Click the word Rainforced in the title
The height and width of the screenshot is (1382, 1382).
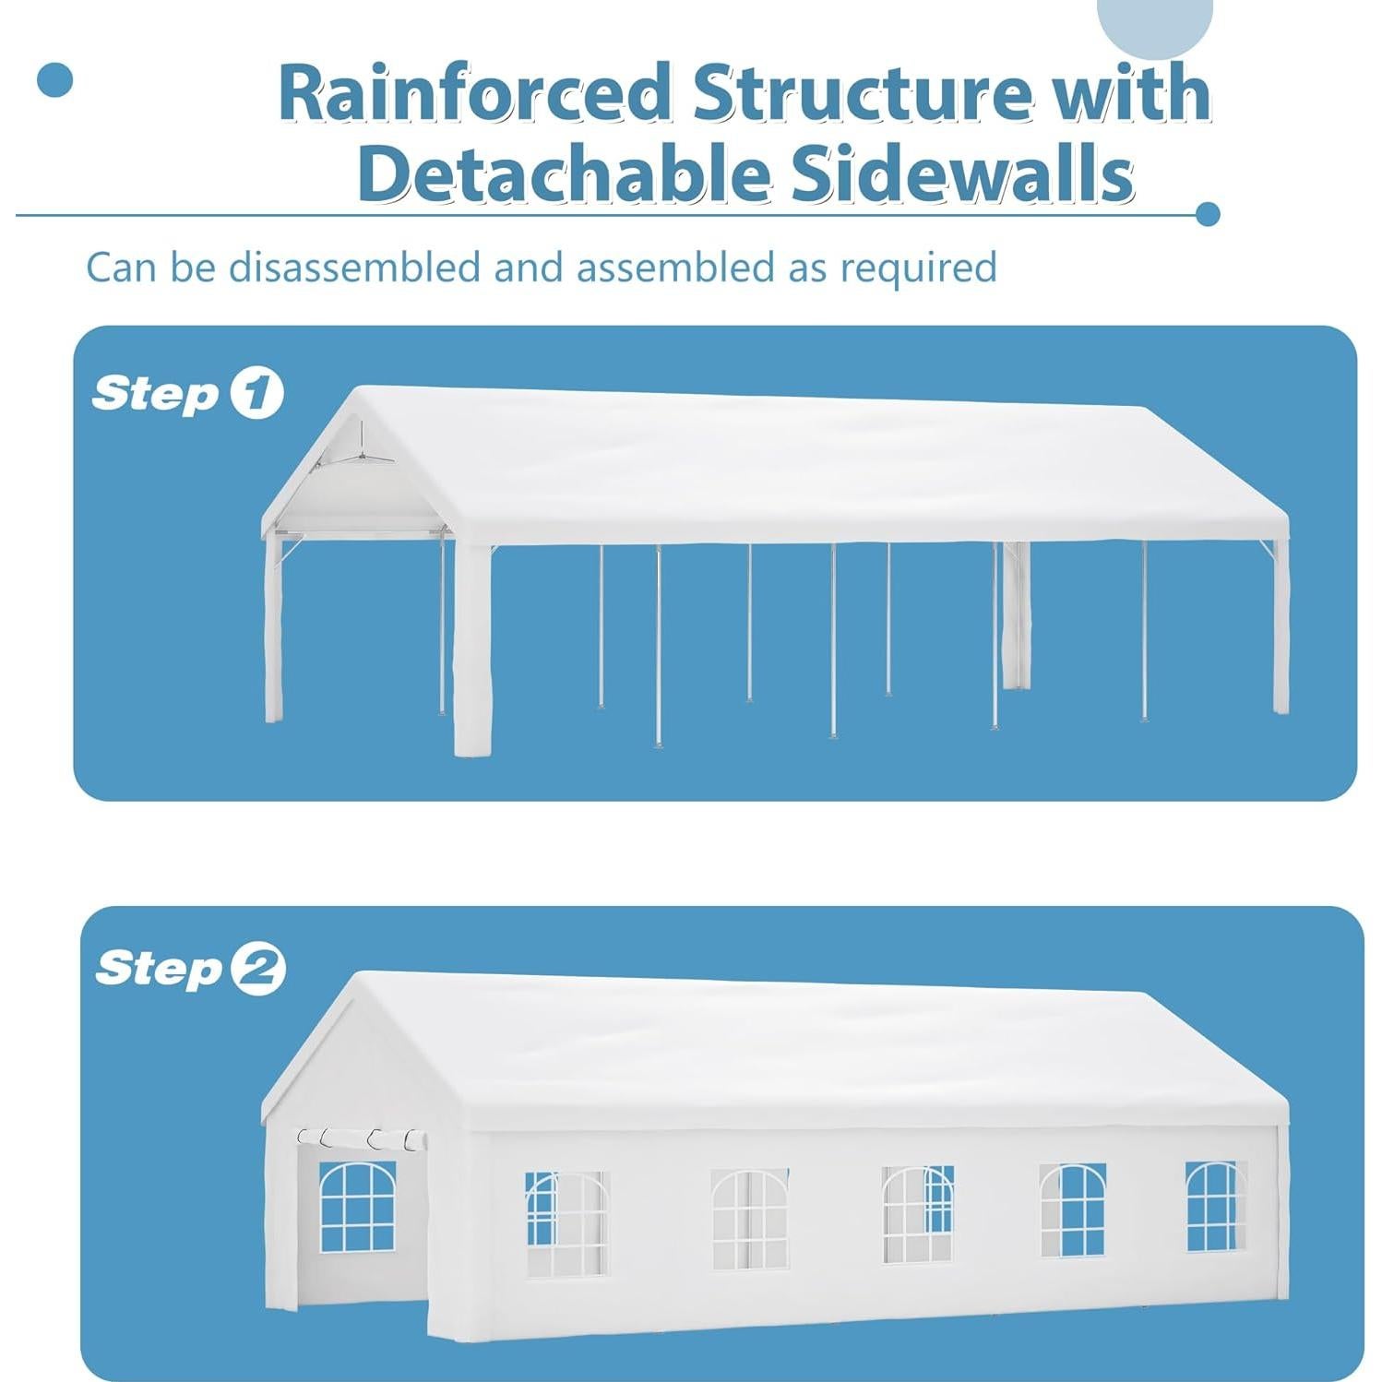[475, 92]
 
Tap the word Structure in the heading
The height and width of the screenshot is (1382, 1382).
[861, 92]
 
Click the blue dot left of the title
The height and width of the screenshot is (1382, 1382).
[55, 80]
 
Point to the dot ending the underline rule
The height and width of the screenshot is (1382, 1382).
[1207, 215]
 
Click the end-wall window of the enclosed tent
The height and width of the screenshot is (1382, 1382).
[357, 1207]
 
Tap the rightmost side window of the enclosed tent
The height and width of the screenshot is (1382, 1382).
[1216, 1207]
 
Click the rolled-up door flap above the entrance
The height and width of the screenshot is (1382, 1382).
[363, 1139]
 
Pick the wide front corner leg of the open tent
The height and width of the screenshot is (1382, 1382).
[472, 646]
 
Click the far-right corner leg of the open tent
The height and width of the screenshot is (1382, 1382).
[1281, 627]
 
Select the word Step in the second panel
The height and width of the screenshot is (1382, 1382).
[159, 970]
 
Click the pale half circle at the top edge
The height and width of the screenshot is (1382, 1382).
[1155, 23]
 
